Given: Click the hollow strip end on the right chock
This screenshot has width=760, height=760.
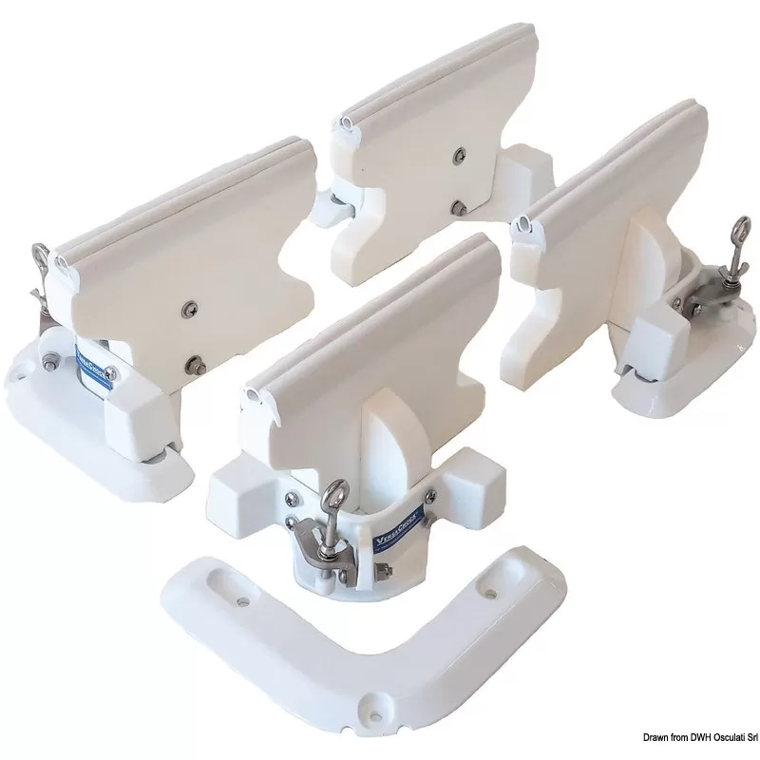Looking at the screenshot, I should click(520, 224).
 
